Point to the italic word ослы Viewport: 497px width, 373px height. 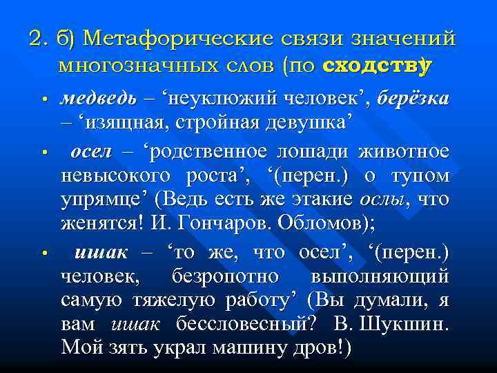(380, 201)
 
